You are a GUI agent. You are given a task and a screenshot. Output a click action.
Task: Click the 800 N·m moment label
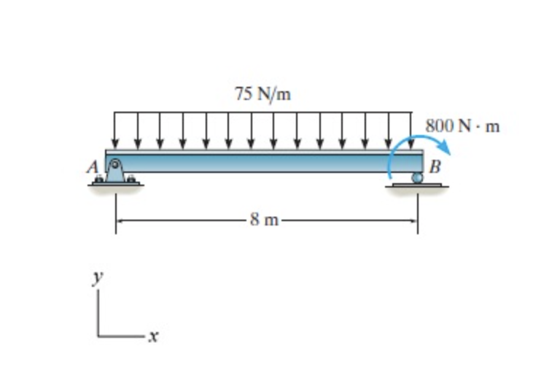[x=463, y=126]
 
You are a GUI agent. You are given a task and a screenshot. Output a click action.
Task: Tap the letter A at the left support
[x=93, y=167]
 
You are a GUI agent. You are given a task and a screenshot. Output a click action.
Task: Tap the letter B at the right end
[x=435, y=166]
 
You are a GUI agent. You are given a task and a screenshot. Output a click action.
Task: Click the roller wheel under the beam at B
[x=417, y=177]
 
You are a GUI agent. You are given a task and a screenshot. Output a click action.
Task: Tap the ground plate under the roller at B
[x=417, y=185]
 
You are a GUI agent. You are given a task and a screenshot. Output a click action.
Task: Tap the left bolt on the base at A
[x=98, y=179]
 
